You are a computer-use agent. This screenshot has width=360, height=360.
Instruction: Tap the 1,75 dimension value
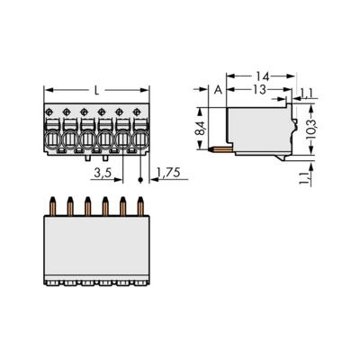click(x=166, y=173)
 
